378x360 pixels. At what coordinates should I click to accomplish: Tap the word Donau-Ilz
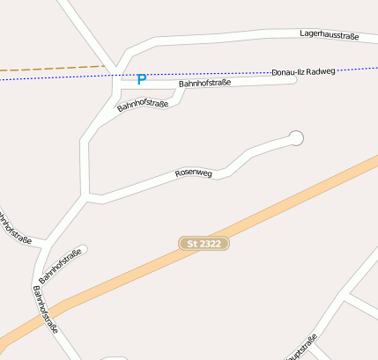(289, 71)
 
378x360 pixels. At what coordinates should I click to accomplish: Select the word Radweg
(324, 70)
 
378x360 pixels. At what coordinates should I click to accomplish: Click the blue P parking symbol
(141, 79)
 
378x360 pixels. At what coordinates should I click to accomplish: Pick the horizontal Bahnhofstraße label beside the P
(204, 83)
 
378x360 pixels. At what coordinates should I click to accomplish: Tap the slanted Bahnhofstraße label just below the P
(142, 107)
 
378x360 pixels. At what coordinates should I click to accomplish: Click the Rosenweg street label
(194, 173)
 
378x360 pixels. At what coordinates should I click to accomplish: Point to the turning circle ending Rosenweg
(296, 137)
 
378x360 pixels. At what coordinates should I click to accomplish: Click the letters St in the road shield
(194, 242)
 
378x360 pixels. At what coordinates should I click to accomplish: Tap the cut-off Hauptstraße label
(301, 349)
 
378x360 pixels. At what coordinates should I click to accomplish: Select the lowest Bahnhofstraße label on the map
(45, 309)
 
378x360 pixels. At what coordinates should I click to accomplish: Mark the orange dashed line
(53, 68)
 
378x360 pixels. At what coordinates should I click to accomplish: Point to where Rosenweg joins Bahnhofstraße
(86, 196)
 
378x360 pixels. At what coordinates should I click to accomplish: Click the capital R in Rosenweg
(178, 175)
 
